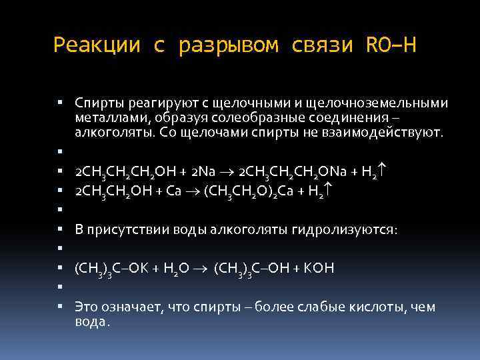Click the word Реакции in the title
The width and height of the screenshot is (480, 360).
tap(97, 45)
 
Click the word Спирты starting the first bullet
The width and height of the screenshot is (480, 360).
tap(97, 103)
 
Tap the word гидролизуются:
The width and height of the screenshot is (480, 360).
tap(344, 230)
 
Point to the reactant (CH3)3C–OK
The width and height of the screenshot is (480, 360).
tap(112, 269)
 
